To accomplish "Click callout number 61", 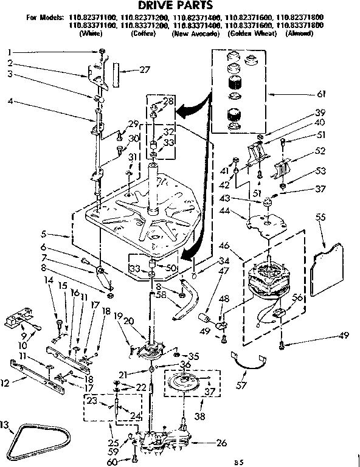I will (322, 94).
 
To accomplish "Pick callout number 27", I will (144, 70).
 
